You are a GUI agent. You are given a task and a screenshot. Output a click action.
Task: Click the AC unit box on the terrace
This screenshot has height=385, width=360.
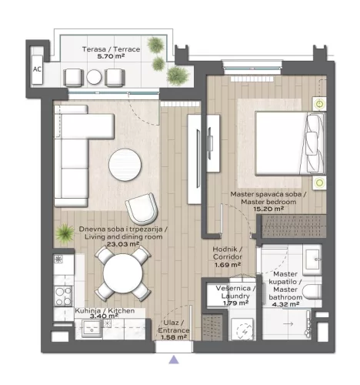(38, 67)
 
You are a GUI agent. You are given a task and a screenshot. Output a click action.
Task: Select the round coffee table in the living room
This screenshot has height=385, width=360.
(125, 163)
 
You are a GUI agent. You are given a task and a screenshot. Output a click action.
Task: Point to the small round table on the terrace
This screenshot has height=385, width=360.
(94, 77)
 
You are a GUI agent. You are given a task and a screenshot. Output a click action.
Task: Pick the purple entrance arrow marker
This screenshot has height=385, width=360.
(174, 358)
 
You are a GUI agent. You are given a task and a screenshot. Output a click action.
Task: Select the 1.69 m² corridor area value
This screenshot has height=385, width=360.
(227, 264)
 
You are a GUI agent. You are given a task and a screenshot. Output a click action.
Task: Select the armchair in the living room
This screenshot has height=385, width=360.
(142, 208)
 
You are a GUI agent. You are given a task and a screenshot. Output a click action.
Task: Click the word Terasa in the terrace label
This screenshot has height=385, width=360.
(94, 49)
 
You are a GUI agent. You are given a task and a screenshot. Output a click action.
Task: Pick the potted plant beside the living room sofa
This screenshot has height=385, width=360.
(62, 231)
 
